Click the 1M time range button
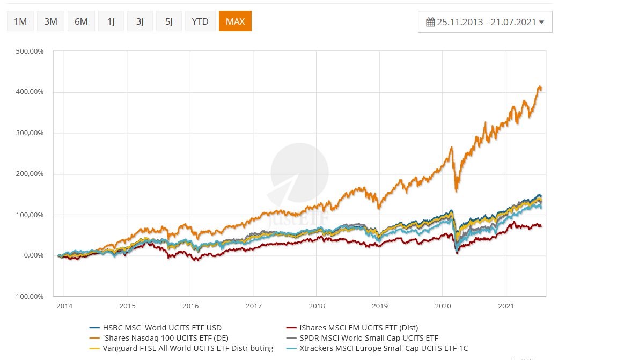20,21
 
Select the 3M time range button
51,21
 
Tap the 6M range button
81,21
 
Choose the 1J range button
111,21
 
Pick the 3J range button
140,21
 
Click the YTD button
200,21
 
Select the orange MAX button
235,21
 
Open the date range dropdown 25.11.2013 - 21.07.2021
485,22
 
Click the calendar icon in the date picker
430,22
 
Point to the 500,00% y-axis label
30,52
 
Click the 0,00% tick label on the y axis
33,255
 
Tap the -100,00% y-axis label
29,296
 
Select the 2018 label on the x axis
317,306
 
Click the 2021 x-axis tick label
506,306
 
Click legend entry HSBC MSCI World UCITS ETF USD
161,328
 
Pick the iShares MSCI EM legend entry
359,328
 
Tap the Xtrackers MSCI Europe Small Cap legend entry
384,348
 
